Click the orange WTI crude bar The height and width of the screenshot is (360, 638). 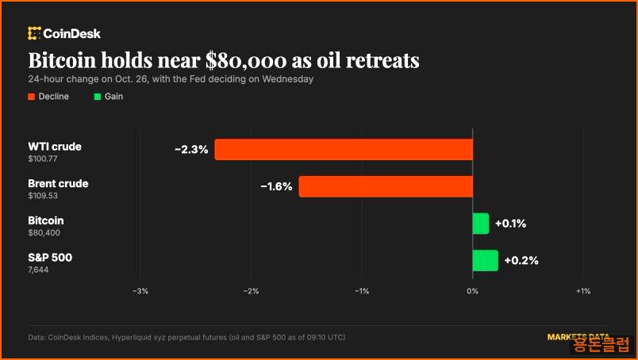tap(344, 149)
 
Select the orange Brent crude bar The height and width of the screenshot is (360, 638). tap(386, 186)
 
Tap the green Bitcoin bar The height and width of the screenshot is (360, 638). tap(481, 224)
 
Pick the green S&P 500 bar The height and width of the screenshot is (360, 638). tap(486, 260)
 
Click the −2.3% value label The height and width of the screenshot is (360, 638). tap(191, 150)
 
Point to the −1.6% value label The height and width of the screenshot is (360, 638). tap(276, 186)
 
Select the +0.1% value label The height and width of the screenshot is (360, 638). tap(511, 224)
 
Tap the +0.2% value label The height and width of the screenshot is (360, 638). tap(521, 260)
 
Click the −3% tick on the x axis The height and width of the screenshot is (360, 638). tap(140, 291)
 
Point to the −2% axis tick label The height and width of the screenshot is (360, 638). tap(251, 291)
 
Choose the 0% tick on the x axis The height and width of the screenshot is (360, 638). tap(472, 291)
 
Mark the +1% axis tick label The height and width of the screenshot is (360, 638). tap(583, 291)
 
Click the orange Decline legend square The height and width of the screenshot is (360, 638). tap(31, 97)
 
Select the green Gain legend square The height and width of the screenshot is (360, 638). tap(98, 97)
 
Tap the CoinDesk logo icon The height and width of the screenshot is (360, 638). tap(34, 33)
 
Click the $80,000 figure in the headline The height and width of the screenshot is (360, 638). tap(246, 60)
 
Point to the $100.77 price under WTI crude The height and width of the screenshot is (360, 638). tap(43, 159)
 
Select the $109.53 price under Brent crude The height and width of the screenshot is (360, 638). tap(43, 196)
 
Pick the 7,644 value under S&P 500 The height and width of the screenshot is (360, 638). tap(38, 270)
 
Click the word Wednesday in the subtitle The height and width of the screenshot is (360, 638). tap(288, 79)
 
